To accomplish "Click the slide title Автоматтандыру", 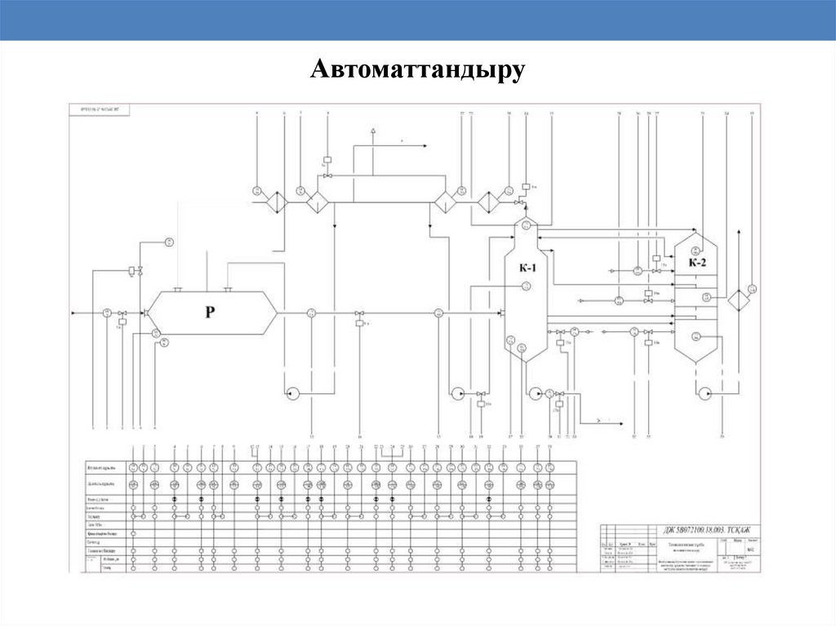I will (x=416, y=70).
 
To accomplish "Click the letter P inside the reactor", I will (x=210, y=313).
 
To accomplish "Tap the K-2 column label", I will (x=696, y=263).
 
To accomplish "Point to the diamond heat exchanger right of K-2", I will (x=740, y=300).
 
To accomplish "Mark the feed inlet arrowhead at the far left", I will (x=74, y=313).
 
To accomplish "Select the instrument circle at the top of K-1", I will (x=526, y=226).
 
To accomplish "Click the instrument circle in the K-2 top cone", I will (x=696, y=249).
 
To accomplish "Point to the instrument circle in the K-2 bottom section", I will (x=696, y=336).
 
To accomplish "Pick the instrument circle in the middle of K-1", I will (x=527, y=285).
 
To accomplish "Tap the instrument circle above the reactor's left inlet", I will (x=168, y=242).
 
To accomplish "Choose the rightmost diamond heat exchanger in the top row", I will (x=489, y=201).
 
